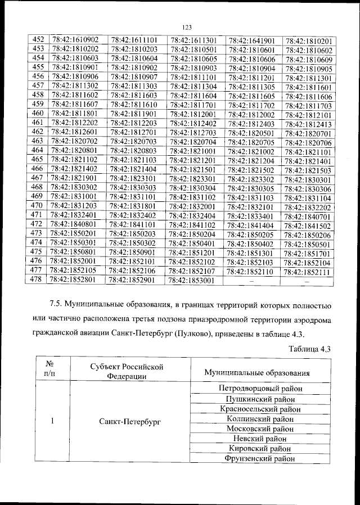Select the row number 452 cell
(x=38, y=39)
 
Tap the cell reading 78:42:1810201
(x=309, y=41)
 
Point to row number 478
(x=38, y=279)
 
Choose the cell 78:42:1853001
(x=192, y=279)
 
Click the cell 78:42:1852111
(x=309, y=271)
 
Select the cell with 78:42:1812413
(x=309, y=124)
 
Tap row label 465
(x=38, y=160)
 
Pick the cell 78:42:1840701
(x=309, y=217)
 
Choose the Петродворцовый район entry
(x=259, y=388)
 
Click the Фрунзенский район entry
(x=259, y=458)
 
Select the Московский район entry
(x=259, y=429)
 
